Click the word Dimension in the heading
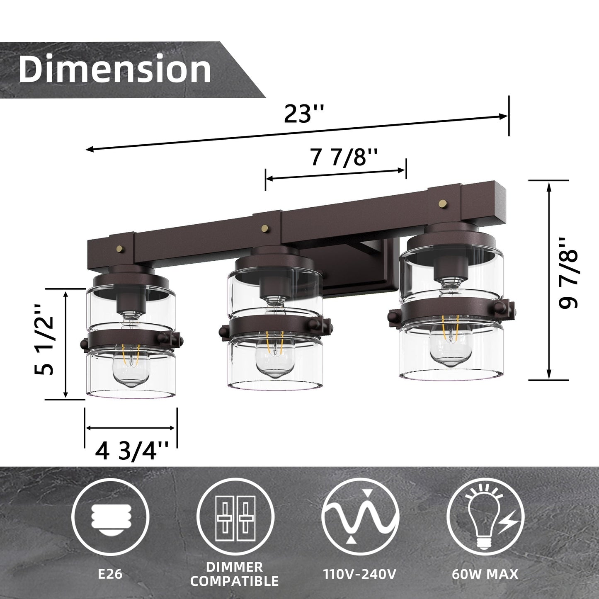click(x=115, y=69)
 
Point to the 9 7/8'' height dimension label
click(x=568, y=274)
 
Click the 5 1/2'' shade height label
click(x=44, y=340)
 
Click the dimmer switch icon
click(x=235, y=519)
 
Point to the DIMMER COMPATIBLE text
click(x=235, y=574)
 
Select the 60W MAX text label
click(x=485, y=575)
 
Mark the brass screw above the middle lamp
click(x=264, y=227)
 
